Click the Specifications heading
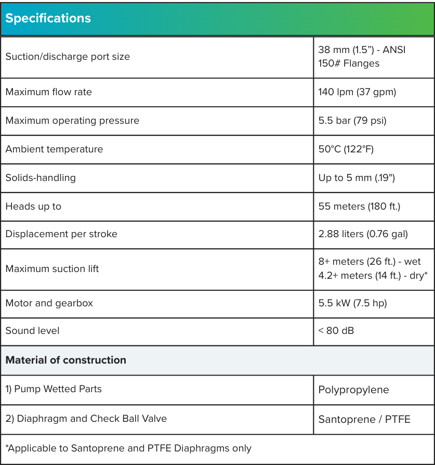(x=48, y=18)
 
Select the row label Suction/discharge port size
(x=68, y=57)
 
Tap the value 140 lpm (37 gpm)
(x=357, y=92)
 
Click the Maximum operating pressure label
(x=72, y=121)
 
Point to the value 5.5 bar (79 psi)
(x=352, y=121)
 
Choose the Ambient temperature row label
(x=54, y=149)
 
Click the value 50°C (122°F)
(x=346, y=149)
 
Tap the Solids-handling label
(x=41, y=178)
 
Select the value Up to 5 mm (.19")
(x=357, y=178)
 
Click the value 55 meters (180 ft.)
(x=359, y=206)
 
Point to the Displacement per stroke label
(x=61, y=234)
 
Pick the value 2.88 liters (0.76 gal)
(x=363, y=234)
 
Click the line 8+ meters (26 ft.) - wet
(x=370, y=262)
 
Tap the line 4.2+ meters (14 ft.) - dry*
(x=373, y=276)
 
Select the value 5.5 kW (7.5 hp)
(x=352, y=303)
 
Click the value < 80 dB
(x=336, y=331)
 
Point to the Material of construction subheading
(x=65, y=360)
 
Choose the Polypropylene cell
(x=353, y=390)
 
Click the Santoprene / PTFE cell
(x=364, y=419)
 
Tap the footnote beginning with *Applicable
(x=128, y=448)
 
